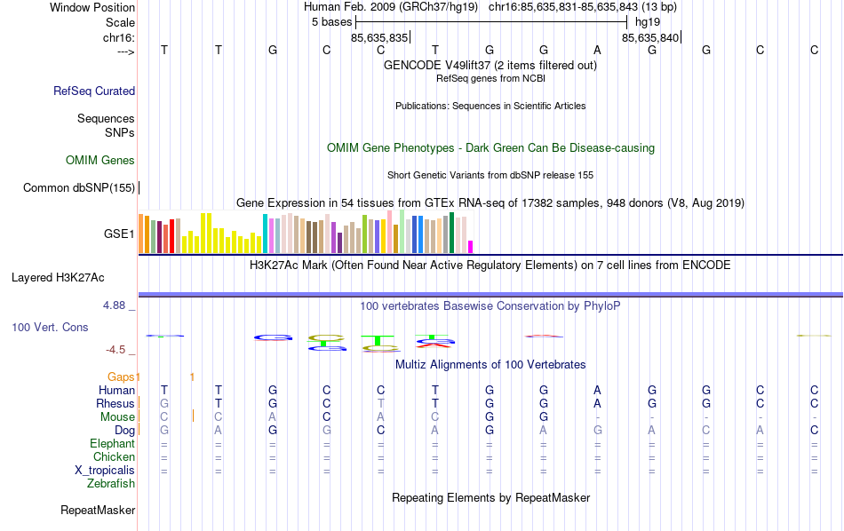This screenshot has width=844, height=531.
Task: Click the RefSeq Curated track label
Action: (x=94, y=91)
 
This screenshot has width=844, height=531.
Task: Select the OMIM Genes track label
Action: (x=100, y=161)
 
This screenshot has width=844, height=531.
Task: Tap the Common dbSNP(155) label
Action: (x=79, y=187)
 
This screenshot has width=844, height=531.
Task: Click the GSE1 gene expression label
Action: (x=119, y=234)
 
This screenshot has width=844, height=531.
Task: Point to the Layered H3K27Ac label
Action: (x=58, y=277)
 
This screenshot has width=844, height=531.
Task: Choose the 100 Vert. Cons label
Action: (x=50, y=328)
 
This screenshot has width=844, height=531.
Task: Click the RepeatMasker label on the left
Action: (x=98, y=511)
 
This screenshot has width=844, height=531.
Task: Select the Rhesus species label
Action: (x=115, y=404)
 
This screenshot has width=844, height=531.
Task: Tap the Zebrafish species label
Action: (x=111, y=484)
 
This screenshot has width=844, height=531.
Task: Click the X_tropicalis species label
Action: (x=105, y=471)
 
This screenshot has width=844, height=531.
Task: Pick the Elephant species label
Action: (x=112, y=444)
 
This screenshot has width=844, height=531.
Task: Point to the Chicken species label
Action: (x=114, y=457)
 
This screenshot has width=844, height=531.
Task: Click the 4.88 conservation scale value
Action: (x=115, y=305)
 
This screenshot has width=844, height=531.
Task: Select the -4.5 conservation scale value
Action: (x=115, y=350)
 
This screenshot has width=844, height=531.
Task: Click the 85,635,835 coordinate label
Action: (x=379, y=37)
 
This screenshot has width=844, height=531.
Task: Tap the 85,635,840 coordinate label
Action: (x=650, y=37)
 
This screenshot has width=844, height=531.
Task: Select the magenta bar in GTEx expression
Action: (x=471, y=247)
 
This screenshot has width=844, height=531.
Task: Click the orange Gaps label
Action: (x=121, y=377)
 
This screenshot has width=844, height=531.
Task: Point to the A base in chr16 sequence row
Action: (x=598, y=50)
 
